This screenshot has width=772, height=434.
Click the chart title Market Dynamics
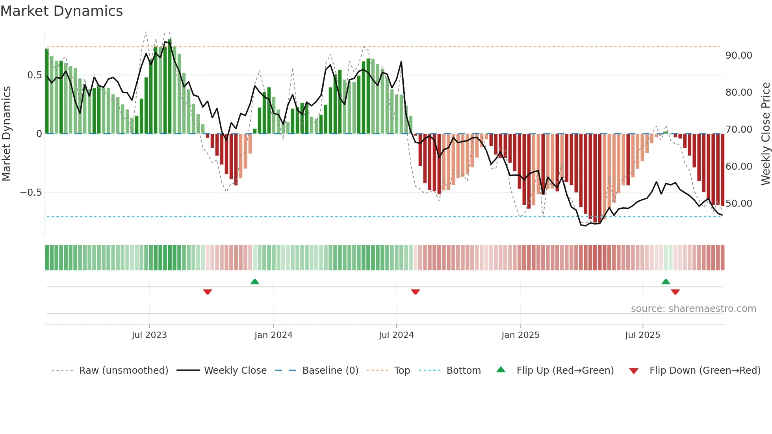click(x=62, y=11)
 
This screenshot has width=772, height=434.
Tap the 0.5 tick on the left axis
click(x=34, y=75)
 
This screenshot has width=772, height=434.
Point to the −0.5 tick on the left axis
click(x=31, y=193)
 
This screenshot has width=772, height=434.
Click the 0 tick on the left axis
click(x=39, y=134)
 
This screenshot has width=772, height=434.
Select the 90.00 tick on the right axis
click(x=739, y=56)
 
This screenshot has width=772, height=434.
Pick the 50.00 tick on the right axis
click(x=739, y=204)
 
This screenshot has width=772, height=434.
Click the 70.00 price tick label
click(x=739, y=130)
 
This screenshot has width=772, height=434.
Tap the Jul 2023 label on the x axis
click(x=149, y=335)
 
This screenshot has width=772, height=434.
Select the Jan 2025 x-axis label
click(x=520, y=335)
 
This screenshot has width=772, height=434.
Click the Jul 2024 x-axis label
click(x=396, y=335)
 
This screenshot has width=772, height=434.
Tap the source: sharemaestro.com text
click(x=693, y=309)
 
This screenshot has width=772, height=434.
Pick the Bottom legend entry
click(x=463, y=371)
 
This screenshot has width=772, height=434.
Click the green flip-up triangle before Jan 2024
click(x=255, y=282)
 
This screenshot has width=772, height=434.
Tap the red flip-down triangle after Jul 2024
click(x=415, y=292)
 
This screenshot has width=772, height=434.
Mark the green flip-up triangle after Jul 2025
click(x=666, y=282)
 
